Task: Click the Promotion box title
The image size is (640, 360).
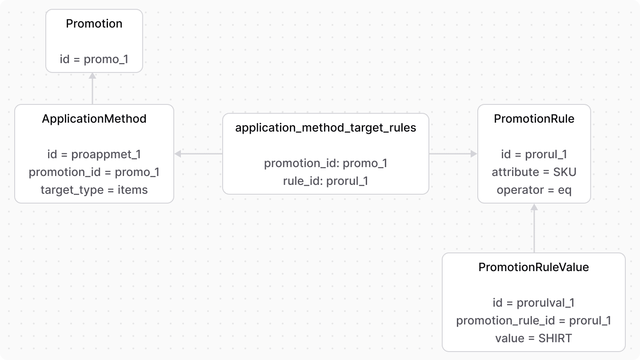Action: (94, 24)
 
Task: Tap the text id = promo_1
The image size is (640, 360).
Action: (94, 59)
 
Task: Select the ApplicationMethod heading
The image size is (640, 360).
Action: (94, 119)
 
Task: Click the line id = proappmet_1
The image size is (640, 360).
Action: (94, 154)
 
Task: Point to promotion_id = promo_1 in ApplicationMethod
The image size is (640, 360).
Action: (94, 172)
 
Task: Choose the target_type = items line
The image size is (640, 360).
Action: (94, 190)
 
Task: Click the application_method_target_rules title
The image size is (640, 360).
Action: (325, 128)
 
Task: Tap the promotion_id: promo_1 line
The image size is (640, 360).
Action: (325, 163)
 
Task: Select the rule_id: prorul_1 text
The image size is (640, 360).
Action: (325, 181)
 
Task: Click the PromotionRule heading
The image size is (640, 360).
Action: (534, 119)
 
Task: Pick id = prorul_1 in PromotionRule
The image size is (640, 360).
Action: (534, 154)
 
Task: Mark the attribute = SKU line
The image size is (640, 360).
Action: (534, 172)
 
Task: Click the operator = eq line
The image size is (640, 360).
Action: (534, 190)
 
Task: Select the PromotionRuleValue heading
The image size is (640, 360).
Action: (533, 267)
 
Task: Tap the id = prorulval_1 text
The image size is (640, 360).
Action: (533, 303)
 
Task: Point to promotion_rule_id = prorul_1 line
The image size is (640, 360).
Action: (533, 320)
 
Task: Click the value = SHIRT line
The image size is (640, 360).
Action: (533, 338)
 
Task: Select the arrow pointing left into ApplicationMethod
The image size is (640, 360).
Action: (198, 154)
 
